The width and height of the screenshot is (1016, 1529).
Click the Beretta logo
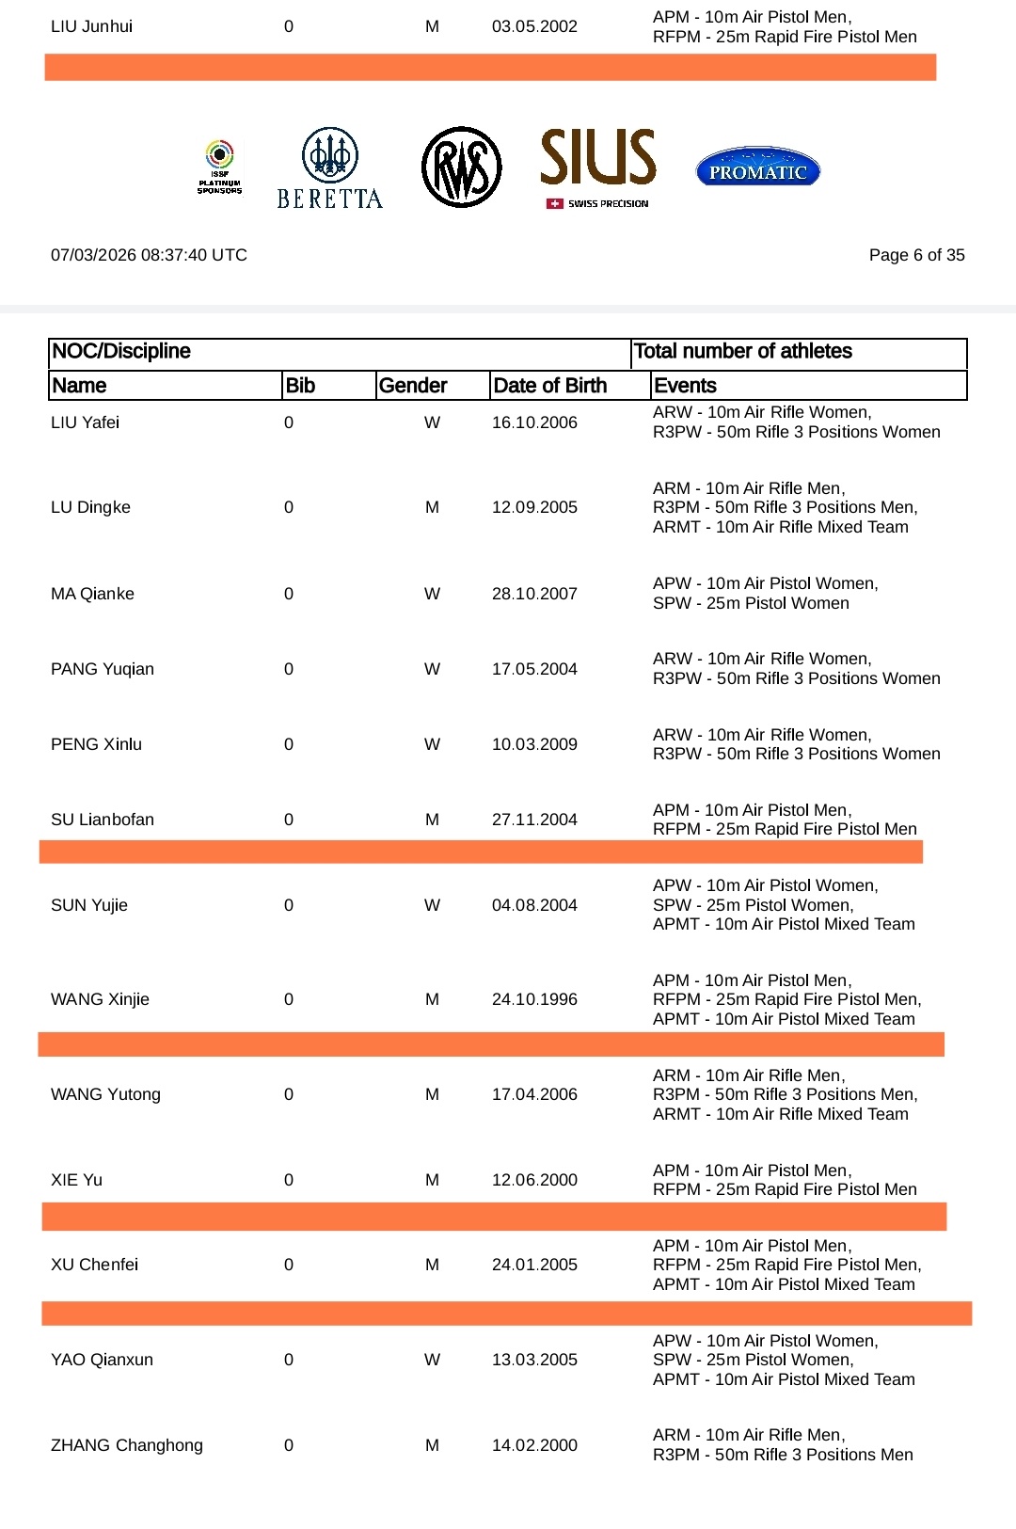click(x=329, y=168)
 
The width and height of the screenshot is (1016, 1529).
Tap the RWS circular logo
click(x=461, y=167)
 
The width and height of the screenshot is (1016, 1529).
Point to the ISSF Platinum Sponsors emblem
click(x=219, y=167)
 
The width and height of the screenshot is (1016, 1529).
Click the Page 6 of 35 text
click(x=916, y=255)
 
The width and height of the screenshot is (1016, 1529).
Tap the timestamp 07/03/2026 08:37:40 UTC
click(x=149, y=255)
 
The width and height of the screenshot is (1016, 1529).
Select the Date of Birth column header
click(x=550, y=386)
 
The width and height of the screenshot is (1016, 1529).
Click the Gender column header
click(x=413, y=386)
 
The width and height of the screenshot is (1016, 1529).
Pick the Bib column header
click(x=300, y=386)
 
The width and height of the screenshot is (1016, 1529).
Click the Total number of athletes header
click(x=743, y=352)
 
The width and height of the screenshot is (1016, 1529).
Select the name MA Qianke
click(x=92, y=594)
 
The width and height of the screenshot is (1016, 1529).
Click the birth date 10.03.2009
click(x=534, y=744)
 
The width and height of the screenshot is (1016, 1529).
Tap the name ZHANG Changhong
click(x=127, y=1445)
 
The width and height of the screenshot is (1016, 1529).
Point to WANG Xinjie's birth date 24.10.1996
click(x=534, y=999)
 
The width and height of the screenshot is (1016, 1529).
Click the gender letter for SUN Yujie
click(x=432, y=905)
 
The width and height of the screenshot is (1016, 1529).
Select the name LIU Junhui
click(x=91, y=26)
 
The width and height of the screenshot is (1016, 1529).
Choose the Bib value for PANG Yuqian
click(x=289, y=669)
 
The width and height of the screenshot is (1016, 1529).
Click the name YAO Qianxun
click(x=102, y=1360)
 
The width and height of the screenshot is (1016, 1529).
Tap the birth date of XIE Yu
click(x=534, y=1180)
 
